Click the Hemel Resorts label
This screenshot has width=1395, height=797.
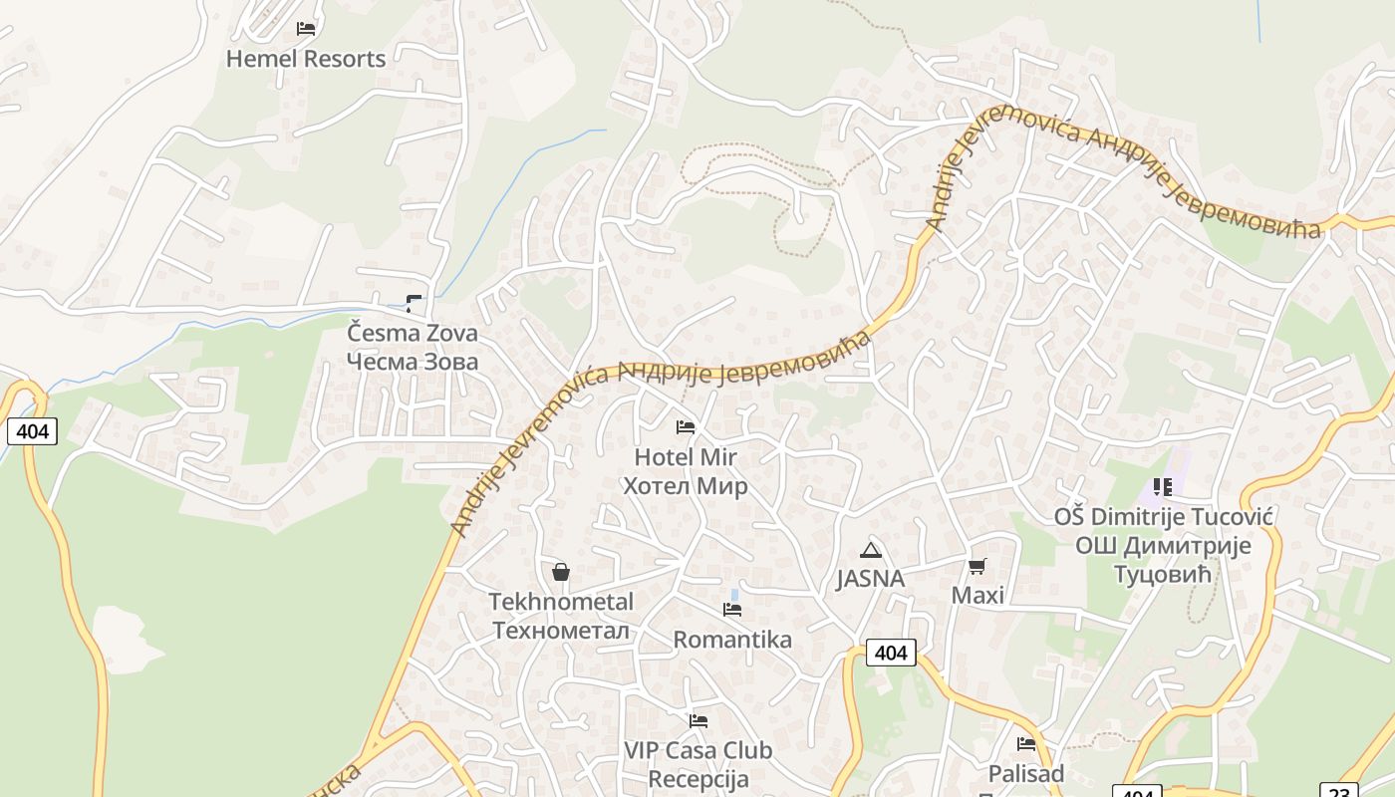(306, 59)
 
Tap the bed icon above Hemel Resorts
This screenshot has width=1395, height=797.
(306, 29)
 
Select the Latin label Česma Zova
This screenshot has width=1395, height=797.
(413, 333)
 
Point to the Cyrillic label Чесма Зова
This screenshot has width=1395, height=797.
(413, 362)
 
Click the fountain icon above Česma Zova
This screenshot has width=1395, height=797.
(414, 303)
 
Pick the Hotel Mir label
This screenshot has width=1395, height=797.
(686, 457)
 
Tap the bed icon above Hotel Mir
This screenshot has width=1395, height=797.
(686, 427)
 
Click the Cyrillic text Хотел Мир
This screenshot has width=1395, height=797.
(686, 486)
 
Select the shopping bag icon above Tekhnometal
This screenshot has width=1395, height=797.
(561, 572)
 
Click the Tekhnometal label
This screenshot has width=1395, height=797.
(561, 602)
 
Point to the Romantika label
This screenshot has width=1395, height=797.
(732, 640)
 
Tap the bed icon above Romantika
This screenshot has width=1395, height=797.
(732, 610)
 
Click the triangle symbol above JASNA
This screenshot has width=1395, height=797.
(871, 550)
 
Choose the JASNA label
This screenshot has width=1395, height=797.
(871, 579)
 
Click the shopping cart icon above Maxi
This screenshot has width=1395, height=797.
(977, 566)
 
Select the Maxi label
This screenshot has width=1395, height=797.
(977, 596)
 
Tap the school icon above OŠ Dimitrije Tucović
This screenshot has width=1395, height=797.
(1163, 487)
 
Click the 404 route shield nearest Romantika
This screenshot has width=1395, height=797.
(891, 653)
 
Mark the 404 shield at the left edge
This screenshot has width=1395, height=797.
(32, 431)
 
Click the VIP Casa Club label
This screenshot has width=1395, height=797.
(697, 750)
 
